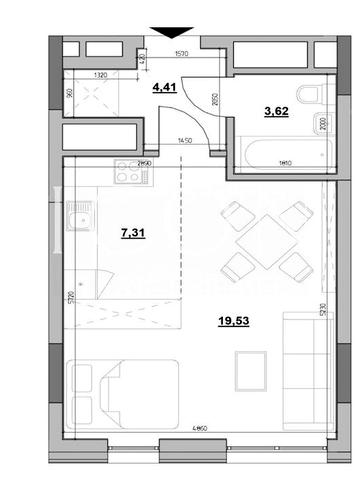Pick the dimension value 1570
pyautogui.click(x=182, y=55)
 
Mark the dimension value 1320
pyautogui.click(x=100, y=74)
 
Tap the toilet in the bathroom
pyautogui.click(x=312, y=96)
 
